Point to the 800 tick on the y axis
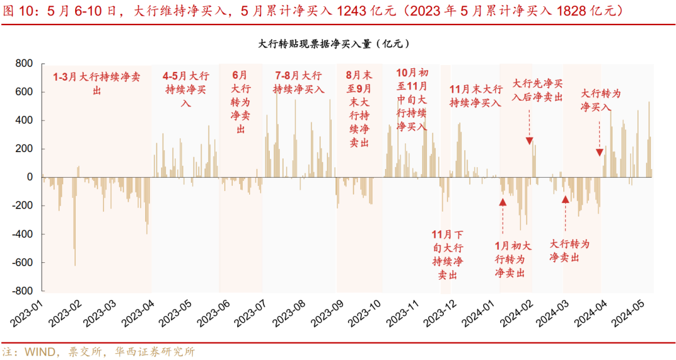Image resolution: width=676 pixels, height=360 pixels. tap(24, 64)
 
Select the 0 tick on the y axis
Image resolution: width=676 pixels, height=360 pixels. tap(29, 177)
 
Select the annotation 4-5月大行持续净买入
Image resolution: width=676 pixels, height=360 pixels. tap(186, 89)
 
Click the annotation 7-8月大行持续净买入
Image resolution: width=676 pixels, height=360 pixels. tap(299, 83)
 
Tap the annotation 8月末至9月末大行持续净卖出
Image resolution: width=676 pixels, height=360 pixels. tap(359, 108)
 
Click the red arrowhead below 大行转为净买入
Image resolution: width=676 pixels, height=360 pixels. tap(599, 152)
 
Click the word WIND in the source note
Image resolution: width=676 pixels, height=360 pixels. tap(39, 351)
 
